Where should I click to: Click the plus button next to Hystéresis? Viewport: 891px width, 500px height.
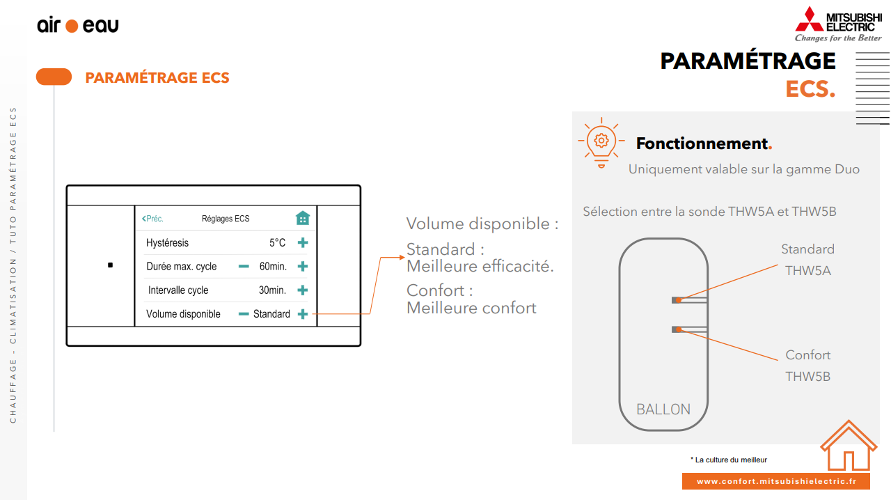point(303,243)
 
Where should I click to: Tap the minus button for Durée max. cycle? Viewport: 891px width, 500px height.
point(244,267)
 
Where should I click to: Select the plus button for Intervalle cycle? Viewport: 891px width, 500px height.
point(303,290)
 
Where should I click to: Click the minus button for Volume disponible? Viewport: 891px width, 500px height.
point(244,314)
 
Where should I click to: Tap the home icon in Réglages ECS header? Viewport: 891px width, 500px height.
point(302,218)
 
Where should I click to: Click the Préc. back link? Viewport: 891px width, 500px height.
point(152,219)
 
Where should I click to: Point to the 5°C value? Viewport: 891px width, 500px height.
point(278,243)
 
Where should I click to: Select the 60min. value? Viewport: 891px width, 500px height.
point(273,267)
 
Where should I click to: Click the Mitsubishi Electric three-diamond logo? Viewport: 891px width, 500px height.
point(808,19)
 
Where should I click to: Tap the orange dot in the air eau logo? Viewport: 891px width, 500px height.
point(72,26)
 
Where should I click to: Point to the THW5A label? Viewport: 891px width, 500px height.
point(807,271)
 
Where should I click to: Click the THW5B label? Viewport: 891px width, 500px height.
point(807,377)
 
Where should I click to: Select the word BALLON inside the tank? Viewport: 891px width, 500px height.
point(663,409)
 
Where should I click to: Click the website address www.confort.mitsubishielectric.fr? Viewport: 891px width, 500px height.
point(775,481)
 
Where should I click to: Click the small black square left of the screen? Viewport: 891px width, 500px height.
point(110,265)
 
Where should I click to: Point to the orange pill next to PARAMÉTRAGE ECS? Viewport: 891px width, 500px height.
point(54,77)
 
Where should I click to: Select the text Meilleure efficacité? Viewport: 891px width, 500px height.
point(480,266)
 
